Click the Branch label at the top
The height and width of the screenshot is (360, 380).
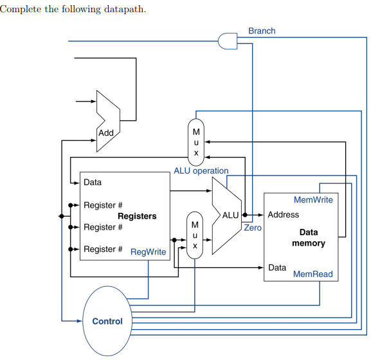[261, 31]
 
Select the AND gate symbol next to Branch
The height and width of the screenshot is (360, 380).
[228, 41]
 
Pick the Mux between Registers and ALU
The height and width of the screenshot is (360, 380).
[194, 235]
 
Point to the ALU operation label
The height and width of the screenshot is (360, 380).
[201, 171]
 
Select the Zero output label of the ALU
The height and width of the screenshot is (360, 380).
[252, 228]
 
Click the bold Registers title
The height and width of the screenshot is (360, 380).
[137, 216]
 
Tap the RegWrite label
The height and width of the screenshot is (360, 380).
[149, 252]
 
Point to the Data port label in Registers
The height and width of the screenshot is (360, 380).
[93, 183]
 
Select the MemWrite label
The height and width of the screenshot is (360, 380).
[313, 200]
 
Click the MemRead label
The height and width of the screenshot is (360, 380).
[312, 274]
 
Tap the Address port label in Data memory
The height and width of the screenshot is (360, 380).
[283, 215]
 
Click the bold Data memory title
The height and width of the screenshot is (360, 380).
[309, 238]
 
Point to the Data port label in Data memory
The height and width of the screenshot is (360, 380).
[277, 267]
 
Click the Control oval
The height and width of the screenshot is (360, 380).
[107, 321]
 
